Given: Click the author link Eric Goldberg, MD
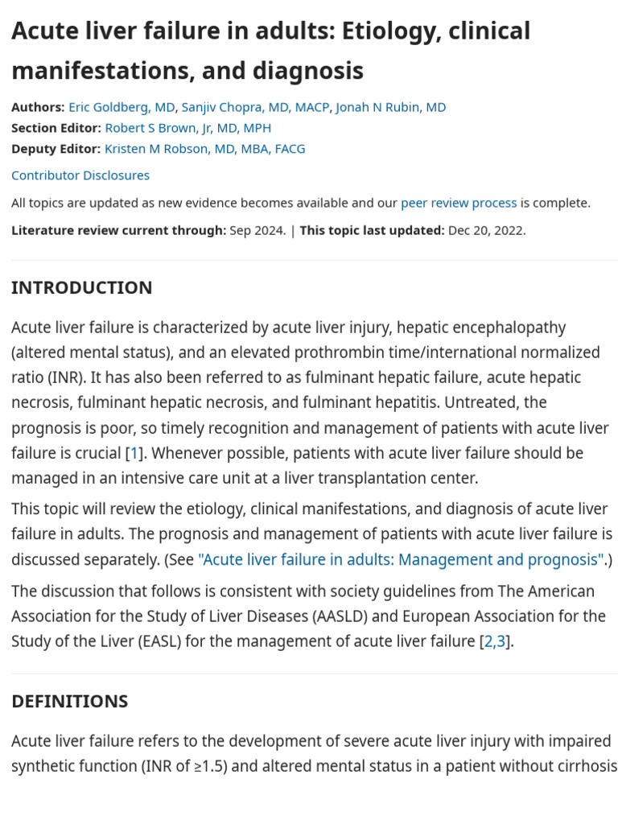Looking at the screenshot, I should click(122, 107).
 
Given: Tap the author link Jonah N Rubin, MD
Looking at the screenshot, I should click(391, 107).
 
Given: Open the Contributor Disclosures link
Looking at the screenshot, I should click(80, 175).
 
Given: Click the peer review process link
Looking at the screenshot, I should click(459, 203).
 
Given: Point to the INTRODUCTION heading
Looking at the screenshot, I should click(81, 287).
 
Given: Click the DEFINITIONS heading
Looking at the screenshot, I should click(69, 701).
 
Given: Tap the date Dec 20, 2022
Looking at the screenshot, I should click(486, 230).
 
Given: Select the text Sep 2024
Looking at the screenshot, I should click(257, 230).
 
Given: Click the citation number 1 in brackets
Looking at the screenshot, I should click(134, 453).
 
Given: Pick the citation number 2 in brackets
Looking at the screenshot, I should click(488, 641).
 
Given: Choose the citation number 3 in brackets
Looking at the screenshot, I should click(501, 641).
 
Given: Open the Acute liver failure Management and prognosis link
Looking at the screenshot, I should click(401, 559).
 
